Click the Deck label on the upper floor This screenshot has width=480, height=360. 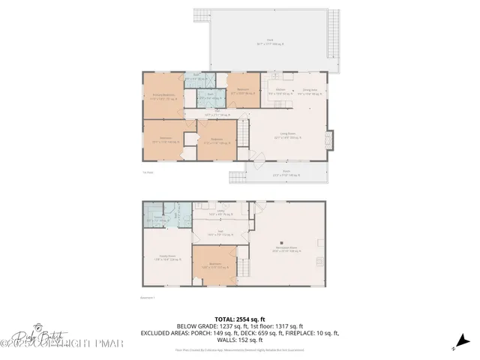(270, 43)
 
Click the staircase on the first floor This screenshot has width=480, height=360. (242, 136)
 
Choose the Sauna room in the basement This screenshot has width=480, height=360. (158, 219)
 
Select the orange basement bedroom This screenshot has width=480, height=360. (214, 265)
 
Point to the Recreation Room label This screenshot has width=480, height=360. (286, 250)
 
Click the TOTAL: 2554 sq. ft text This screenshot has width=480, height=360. (238, 319)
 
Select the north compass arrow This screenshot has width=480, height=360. (455, 346)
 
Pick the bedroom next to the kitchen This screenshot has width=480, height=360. (243, 90)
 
